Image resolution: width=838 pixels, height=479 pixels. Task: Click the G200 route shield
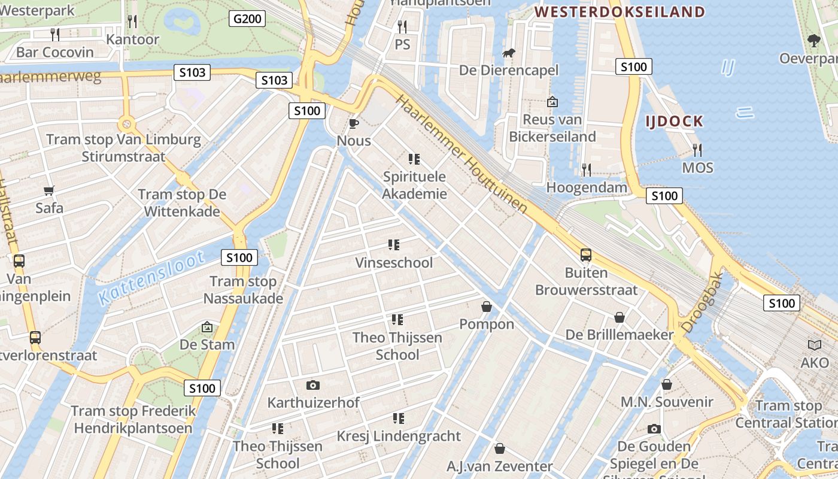(247, 19)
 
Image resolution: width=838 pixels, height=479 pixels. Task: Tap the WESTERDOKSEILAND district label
(620, 11)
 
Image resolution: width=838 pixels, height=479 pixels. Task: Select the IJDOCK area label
(674, 122)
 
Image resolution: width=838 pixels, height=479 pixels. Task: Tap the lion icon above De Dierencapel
(509, 54)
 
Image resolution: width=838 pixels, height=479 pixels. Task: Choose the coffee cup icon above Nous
(354, 124)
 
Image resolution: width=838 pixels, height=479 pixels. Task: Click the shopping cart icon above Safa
(49, 191)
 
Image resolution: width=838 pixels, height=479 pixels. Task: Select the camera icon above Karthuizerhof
(312, 385)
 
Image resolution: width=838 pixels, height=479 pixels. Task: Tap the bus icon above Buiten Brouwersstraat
(586, 255)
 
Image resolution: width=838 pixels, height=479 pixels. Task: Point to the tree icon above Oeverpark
(813, 41)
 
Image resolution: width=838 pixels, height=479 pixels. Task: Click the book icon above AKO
(815, 345)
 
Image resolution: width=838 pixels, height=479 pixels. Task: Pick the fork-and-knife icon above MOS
(697, 150)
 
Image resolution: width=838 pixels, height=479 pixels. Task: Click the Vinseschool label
(393, 262)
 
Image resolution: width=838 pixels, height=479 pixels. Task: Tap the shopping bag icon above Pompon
(487, 307)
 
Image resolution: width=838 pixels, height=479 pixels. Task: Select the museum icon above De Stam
(207, 327)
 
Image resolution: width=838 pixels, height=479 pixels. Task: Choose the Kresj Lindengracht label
(399, 436)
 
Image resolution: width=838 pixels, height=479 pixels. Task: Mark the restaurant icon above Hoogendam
(587, 170)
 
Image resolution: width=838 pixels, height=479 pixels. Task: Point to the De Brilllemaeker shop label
(620, 334)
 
